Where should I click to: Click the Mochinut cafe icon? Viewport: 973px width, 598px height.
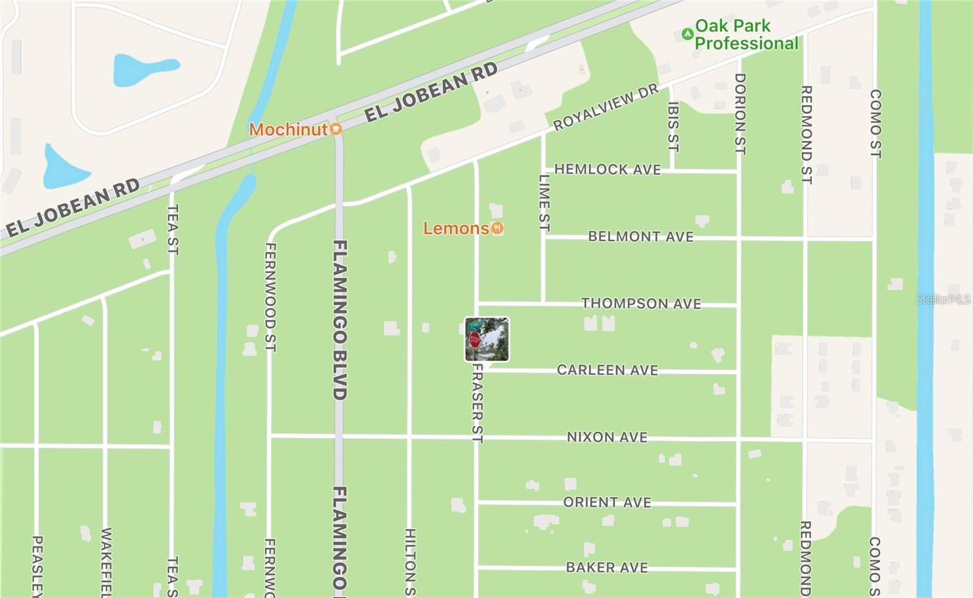[336, 129]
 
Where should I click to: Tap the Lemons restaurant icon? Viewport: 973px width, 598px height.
[497, 228]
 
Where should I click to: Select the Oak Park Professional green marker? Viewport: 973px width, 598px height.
[687, 34]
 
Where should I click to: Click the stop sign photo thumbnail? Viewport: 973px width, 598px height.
[486, 339]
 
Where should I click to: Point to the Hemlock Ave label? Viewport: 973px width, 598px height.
[607, 169]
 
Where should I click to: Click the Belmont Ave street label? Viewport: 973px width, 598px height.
[640, 236]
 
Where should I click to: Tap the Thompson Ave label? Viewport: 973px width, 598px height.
[641, 303]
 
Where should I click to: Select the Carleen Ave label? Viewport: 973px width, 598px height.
[607, 370]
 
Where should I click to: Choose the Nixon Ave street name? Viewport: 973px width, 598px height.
[607, 437]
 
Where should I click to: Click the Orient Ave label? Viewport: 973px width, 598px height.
[607, 502]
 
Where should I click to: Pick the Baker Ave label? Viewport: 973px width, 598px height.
[607, 567]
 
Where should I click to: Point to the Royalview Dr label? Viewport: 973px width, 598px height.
[605, 107]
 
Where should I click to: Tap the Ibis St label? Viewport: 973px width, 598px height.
[673, 126]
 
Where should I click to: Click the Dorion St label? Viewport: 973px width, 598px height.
[739, 114]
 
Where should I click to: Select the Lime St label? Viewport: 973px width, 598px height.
[544, 203]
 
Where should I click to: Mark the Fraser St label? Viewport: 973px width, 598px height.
[477, 403]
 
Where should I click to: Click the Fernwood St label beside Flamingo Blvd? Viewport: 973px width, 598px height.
[271, 297]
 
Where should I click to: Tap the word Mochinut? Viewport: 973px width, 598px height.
[288, 129]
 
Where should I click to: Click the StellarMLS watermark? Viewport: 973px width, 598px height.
[943, 299]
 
